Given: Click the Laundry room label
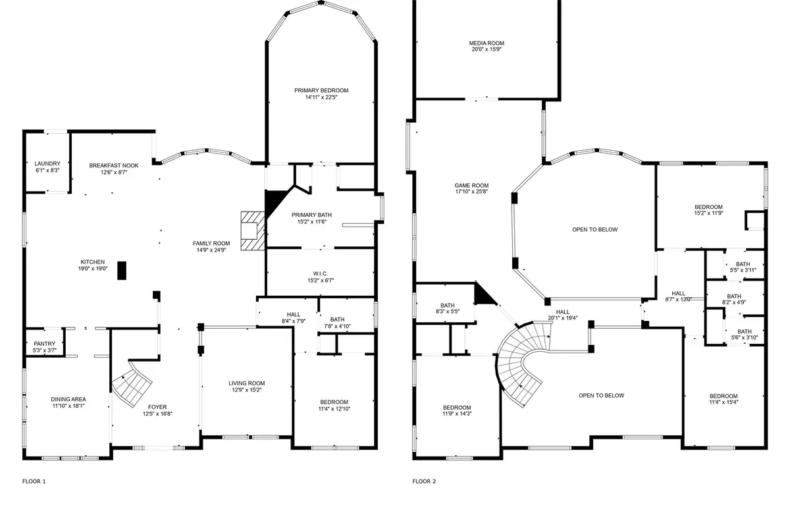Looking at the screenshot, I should click(47, 163).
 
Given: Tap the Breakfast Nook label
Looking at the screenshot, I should click(114, 165).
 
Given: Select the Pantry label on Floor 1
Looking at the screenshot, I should click(45, 343).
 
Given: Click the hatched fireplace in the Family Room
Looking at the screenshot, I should click(252, 231).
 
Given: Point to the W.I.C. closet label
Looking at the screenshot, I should click(321, 273).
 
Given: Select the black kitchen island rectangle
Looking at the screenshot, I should click(122, 271).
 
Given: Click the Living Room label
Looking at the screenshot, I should click(246, 383).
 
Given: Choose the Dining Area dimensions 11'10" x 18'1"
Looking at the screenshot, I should click(68, 406).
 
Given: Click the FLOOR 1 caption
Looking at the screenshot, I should click(34, 482).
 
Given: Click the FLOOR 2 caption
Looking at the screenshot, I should click(425, 482).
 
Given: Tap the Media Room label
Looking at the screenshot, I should click(487, 43).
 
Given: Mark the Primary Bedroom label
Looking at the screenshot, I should click(321, 90).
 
